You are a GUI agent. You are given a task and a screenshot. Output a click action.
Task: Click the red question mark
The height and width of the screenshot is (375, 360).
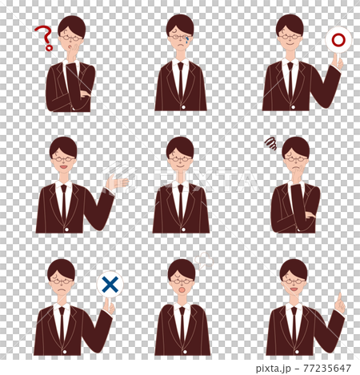coord(42,37)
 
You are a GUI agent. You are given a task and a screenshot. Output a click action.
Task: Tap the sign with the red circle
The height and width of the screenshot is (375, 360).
coord(338,40)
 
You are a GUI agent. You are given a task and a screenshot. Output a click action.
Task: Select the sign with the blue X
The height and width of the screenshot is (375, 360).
coord(110,283)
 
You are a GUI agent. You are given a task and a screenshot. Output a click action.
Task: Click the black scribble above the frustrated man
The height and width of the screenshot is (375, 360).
coord(270,144)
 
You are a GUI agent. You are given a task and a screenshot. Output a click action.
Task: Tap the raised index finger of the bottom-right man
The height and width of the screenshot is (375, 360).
coord(340,302)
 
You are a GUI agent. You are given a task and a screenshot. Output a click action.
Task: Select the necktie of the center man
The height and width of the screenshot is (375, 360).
coord(180,200)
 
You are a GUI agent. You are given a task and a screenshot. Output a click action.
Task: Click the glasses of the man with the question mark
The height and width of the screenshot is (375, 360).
coord(71,36)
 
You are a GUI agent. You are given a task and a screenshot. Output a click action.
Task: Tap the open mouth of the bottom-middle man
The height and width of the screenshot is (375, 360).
coord(182,289)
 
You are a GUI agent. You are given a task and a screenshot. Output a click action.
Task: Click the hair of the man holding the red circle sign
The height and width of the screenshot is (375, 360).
coord(290,23)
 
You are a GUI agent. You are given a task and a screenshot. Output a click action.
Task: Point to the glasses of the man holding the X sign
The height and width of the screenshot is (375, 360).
coord(61,281)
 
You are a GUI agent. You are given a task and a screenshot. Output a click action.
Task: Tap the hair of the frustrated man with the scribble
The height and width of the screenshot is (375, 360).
coord(296,146)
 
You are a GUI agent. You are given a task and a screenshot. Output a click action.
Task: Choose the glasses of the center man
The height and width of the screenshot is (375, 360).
coord(180,158)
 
